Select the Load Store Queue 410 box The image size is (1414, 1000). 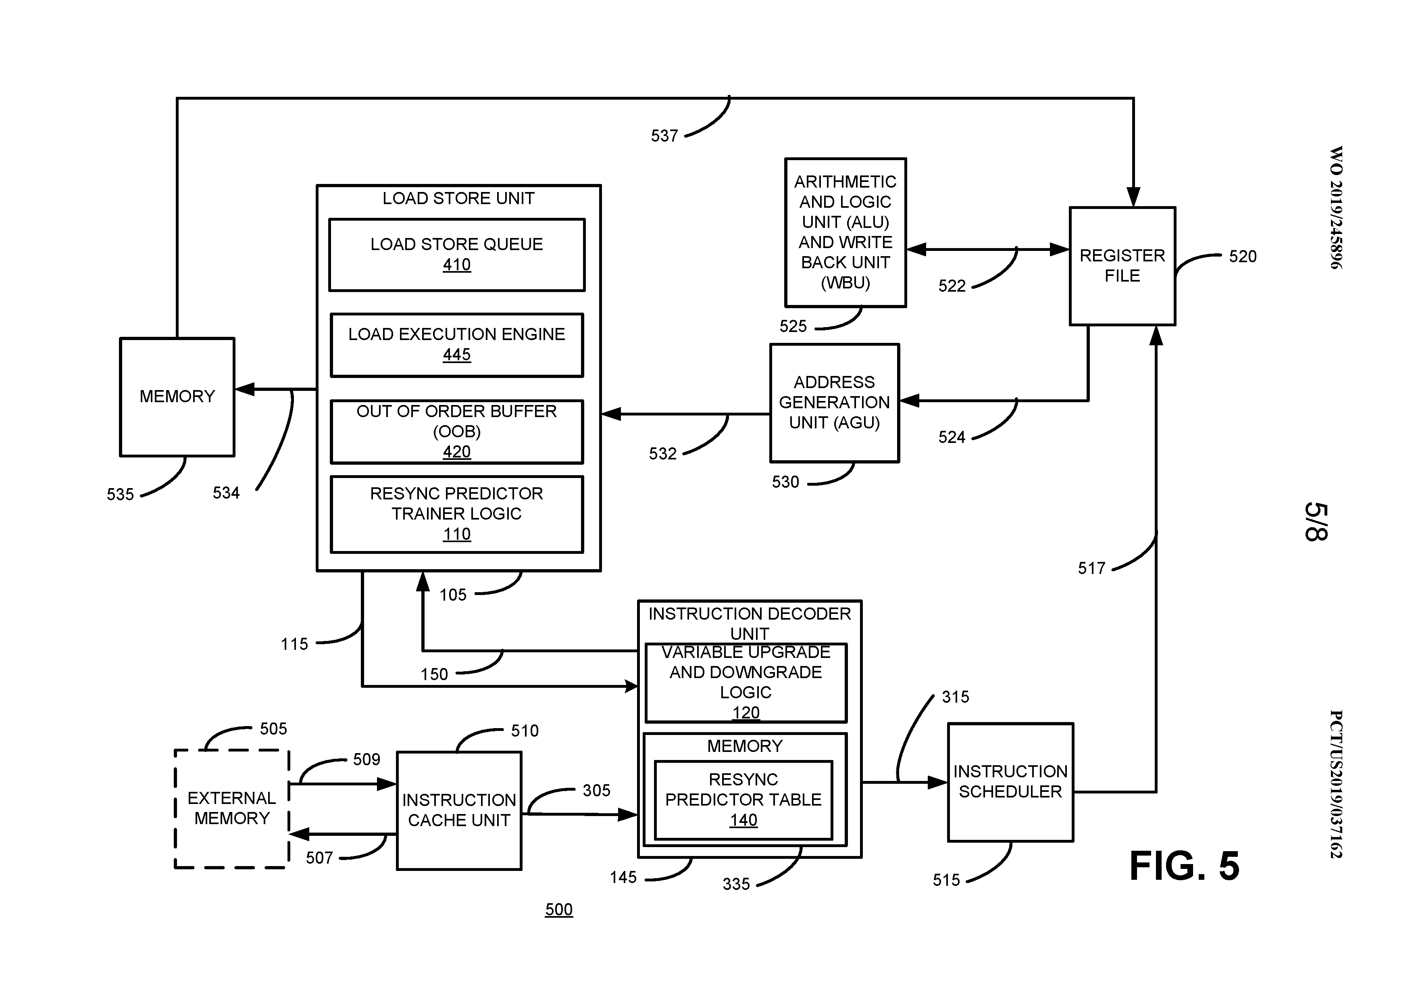456,255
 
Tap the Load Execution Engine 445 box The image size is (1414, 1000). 456,344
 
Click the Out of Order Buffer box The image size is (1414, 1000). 456,431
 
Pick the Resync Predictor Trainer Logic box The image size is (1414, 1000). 456,514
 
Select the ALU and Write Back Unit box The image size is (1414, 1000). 845,232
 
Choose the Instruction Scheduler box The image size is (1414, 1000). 1010,781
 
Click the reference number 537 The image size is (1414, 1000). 664,136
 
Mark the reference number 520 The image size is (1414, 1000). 1242,256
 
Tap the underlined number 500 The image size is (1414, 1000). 558,909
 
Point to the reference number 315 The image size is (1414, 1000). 955,697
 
